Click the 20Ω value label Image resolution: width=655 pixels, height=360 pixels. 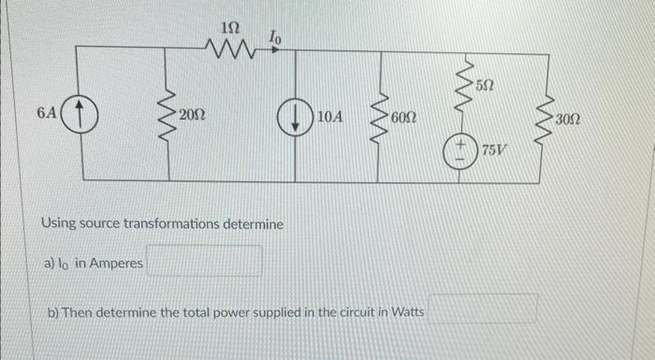pos(194,117)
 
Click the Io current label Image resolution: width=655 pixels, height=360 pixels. pos(275,36)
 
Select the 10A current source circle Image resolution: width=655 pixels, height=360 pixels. pos(297,118)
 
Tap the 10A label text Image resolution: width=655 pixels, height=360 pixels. pos(329,118)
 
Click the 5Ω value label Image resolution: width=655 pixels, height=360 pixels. pos(484,85)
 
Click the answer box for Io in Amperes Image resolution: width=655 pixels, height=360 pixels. pos(204,263)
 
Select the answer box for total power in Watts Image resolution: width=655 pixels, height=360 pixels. pos(484,310)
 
